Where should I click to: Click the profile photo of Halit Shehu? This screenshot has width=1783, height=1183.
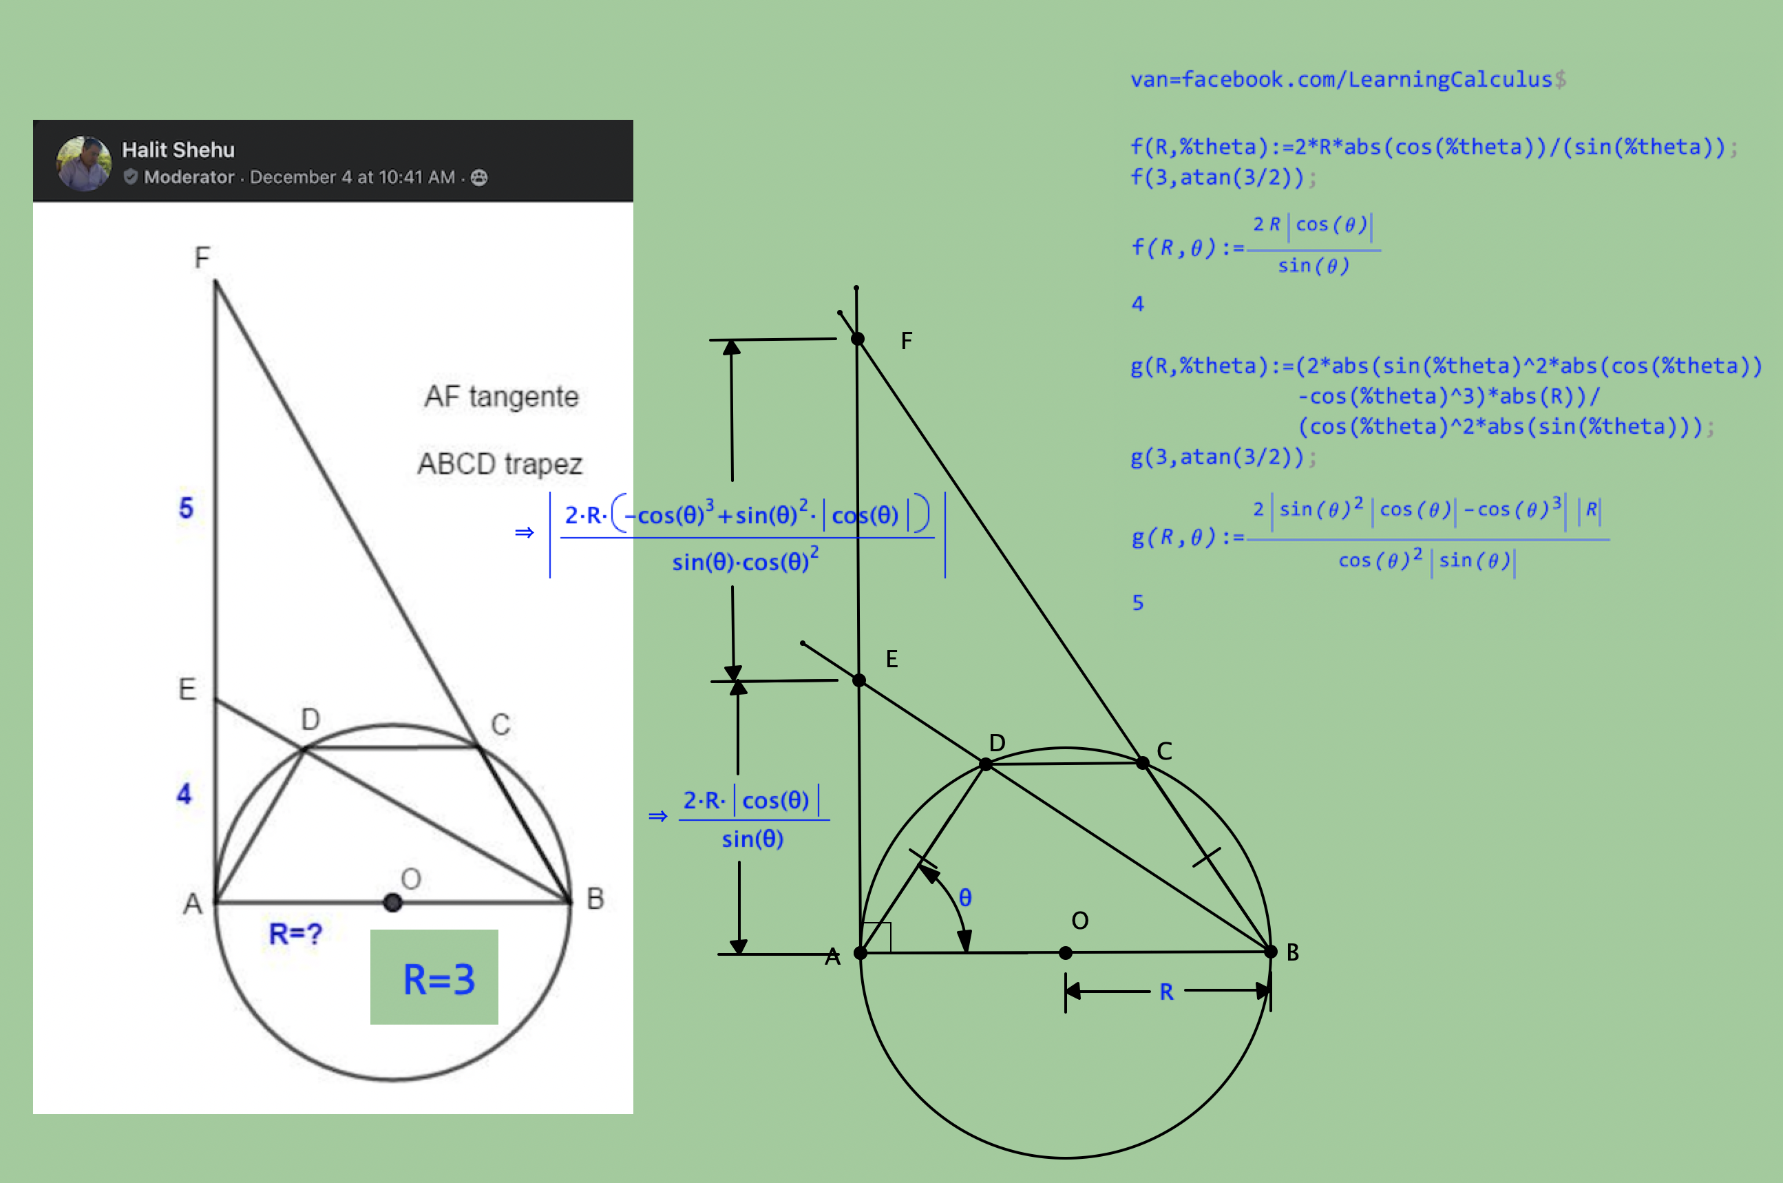pyautogui.click(x=84, y=163)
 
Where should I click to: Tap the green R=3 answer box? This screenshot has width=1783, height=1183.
pyautogui.click(x=434, y=976)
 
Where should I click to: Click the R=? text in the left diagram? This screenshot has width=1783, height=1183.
pyautogui.click(x=295, y=934)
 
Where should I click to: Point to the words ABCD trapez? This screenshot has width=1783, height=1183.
pyautogui.click(x=500, y=463)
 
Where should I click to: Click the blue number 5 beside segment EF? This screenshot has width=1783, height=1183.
pyautogui.click(x=187, y=507)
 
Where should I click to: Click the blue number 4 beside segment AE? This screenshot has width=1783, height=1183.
pyautogui.click(x=184, y=793)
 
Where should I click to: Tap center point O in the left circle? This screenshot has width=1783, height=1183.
pyautogui.click(x=392, y=902)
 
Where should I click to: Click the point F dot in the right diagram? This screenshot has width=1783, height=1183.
pyautogui.click(x=858, y=339)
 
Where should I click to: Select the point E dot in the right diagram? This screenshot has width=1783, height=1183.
pyautogui.click(x=859, y=680)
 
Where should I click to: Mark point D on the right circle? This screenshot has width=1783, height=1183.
pyautogui.click(x=986, y=764)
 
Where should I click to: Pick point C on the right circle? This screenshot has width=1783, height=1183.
pyautogui.click(x=1143, y=763)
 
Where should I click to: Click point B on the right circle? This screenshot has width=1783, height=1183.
pyautogui.click(x=1270, y=952)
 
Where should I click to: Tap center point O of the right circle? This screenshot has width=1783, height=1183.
pyautogui.click(x=1066, y=953)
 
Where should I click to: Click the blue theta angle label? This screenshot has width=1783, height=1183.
pyautogui.click(x=965, y=897)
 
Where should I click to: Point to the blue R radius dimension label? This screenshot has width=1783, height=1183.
pyautogui.click(x=1167, y=992)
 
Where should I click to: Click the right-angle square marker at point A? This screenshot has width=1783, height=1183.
pyautogui.click(x=876, y=938)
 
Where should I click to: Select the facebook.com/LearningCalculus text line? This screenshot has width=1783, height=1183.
pyautogui.click(x=1348, y=79)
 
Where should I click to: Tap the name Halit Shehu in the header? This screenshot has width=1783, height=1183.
pyautogui.click(x=179, y=150)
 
